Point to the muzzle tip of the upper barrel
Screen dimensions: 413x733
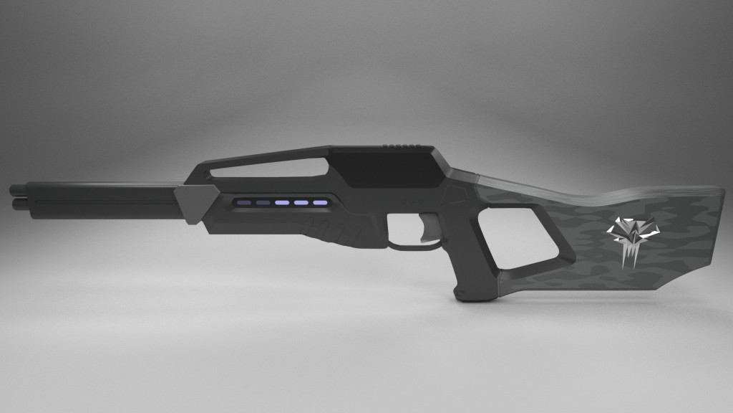15,189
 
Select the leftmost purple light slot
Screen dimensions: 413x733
245,204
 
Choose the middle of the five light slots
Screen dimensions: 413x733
281,204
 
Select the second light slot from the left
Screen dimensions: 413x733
263,204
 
